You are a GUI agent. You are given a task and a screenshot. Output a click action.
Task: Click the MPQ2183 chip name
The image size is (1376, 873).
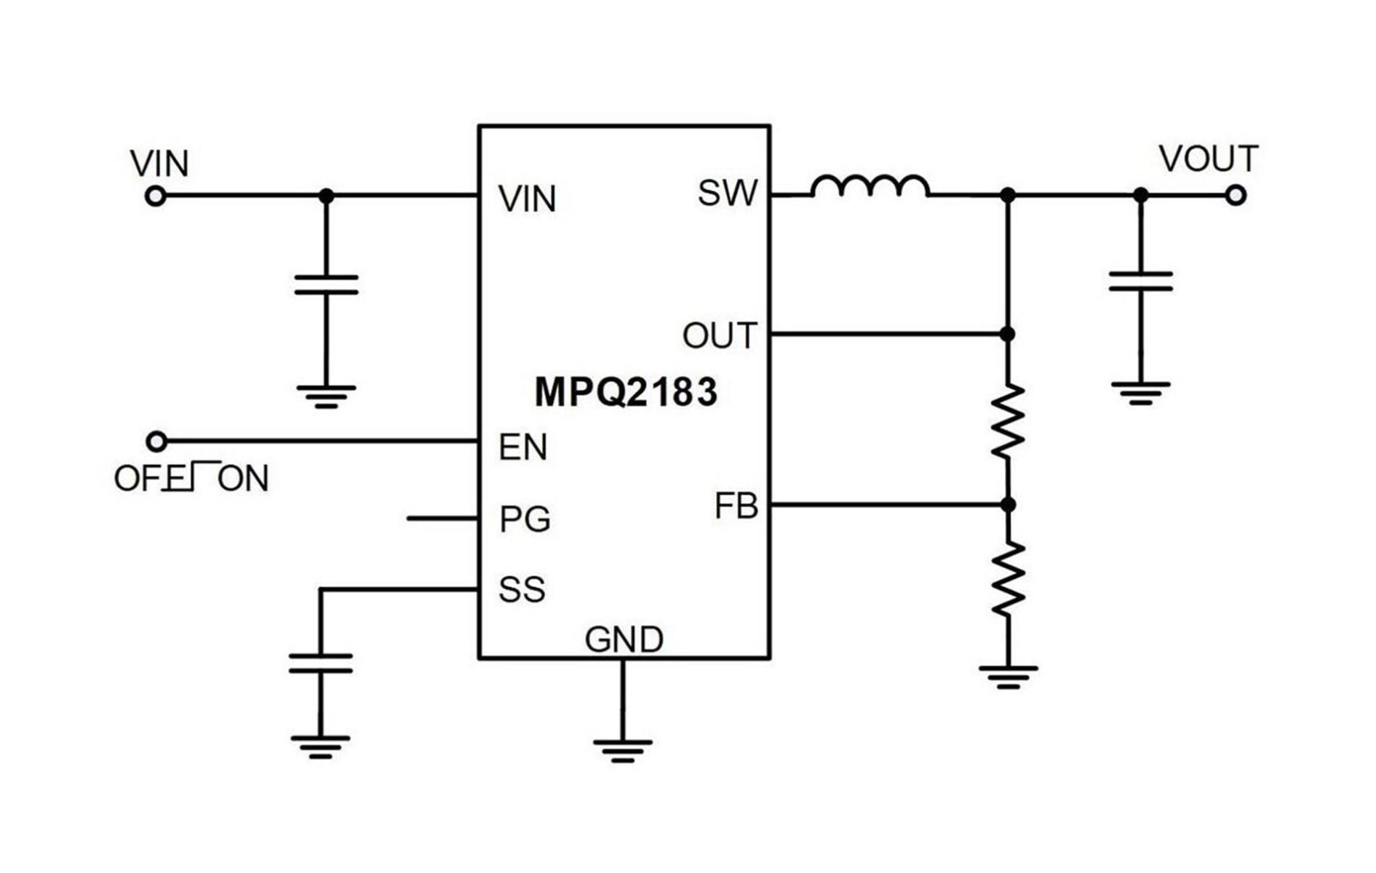coord(626,392)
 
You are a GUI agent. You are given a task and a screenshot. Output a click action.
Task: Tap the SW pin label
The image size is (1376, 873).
coord(727,193)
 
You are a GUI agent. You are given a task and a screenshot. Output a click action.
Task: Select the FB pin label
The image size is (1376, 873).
coord(736,506)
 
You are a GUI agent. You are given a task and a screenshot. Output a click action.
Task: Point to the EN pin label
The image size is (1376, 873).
coord(522,447)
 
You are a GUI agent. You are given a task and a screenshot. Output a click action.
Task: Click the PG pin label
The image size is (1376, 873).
coord(525,519)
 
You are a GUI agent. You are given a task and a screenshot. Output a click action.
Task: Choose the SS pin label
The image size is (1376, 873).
coord(522,589)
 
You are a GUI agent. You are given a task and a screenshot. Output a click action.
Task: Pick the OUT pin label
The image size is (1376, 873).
coord(720,336)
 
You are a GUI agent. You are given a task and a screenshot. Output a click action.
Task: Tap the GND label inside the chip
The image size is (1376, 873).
coord(624,640)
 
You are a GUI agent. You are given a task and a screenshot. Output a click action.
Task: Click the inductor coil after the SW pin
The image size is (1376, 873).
coord(870,186)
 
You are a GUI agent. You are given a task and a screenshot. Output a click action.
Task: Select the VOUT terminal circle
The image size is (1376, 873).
coord(1236,196)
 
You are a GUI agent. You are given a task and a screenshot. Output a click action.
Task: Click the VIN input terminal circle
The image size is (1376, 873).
coord(156,196)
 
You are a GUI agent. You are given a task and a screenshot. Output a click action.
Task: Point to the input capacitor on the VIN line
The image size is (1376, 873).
coord(326,284)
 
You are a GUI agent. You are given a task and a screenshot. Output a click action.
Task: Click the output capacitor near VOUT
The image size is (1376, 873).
coord(1140,282)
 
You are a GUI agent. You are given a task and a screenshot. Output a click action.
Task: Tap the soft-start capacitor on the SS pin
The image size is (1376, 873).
coord(320,663)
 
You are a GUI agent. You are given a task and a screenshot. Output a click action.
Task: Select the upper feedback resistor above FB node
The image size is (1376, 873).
coord(1008,421)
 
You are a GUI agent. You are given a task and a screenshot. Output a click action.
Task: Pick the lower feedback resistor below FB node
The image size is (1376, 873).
coord(1008,580)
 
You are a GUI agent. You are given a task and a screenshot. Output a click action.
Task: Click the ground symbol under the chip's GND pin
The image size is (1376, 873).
coord(622,750)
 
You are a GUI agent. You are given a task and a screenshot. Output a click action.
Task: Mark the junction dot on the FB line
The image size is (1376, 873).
coord(1008,504)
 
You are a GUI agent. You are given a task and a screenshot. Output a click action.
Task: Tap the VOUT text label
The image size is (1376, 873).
coord(1208,159)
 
